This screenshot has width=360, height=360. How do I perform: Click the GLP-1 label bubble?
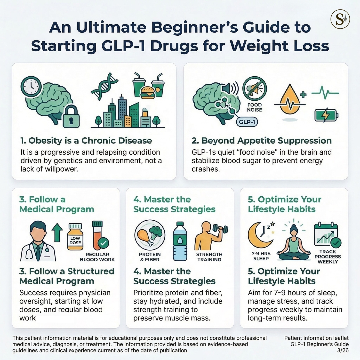click(x=246, y=122)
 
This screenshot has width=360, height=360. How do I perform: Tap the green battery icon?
click(x=326, y=116)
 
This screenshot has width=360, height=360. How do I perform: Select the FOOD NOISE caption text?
click(x=254, y=107)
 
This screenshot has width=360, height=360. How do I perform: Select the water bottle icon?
click(x=180, y=242)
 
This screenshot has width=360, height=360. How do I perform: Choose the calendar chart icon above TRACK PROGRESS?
click(x=326, y=235)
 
